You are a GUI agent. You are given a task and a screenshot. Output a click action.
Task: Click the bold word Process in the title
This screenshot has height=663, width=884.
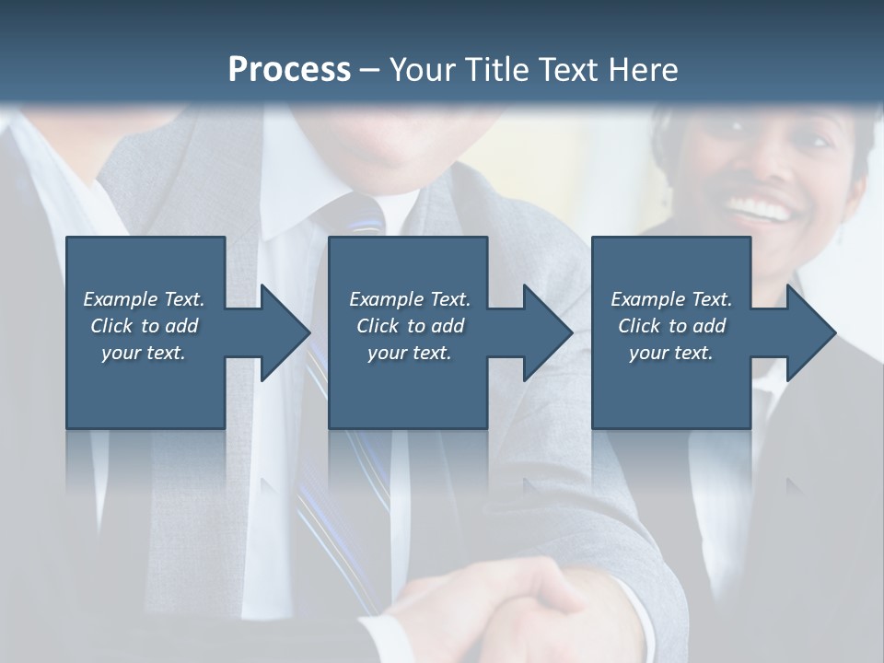[x=289, y=70]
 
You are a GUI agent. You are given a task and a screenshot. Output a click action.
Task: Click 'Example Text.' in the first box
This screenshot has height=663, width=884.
[x=144, y=299]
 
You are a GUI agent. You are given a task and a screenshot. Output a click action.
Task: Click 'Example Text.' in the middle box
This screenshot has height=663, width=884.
[x=410, y=299]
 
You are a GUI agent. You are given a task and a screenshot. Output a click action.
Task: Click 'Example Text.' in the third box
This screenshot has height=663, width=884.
[x=671, y=299]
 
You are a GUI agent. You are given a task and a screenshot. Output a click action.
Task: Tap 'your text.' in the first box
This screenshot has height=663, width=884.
[x=144, y=353]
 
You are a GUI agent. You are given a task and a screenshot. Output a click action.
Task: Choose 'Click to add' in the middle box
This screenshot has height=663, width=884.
[x=410, y=326]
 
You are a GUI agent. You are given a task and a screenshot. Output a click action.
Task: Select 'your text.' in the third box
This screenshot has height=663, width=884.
[x=671, y=353]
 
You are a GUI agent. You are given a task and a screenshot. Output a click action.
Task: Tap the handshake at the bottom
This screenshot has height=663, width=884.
[x=525, y=612]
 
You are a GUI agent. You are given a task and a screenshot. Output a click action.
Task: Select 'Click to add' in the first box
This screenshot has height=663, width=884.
[x=144, y=326]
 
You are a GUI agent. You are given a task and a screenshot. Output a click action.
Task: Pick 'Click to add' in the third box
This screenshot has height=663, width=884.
[x=671, y=326]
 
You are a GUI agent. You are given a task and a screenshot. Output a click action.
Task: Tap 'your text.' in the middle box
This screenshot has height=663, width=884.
[x=410, y=353]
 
